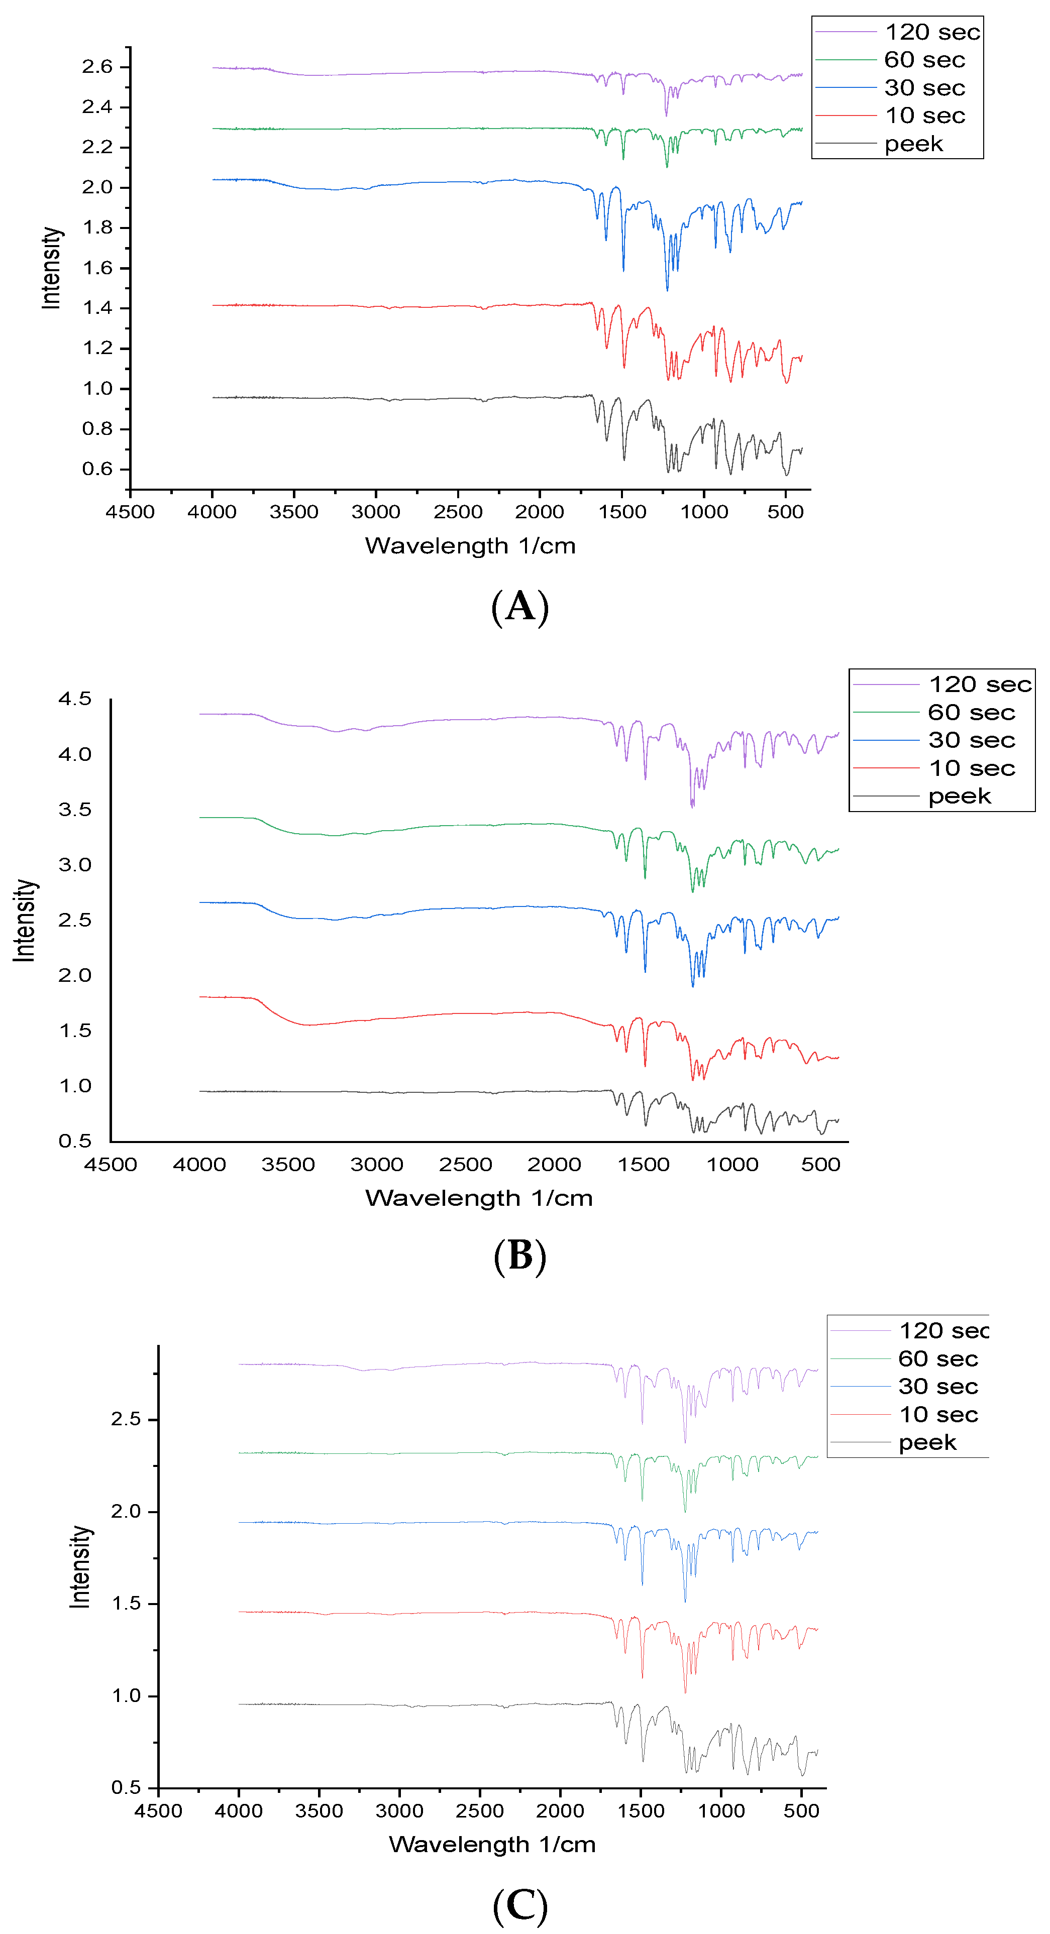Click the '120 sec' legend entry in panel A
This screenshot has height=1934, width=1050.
931,32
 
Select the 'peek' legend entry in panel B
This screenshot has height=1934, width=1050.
959,797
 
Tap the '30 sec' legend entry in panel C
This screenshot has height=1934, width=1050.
938,1387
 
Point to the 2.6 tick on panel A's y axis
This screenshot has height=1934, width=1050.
97,67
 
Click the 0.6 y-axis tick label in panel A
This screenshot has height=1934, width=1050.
97,469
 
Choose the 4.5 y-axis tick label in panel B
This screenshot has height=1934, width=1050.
74,699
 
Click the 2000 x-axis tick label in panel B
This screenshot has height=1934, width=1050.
554,1165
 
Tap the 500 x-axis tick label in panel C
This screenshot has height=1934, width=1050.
801,1811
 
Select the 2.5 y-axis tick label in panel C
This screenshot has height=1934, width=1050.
126,1419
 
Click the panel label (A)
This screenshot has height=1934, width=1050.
520,607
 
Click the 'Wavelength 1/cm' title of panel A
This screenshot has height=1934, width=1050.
470,546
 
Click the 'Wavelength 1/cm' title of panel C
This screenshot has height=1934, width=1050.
492,1844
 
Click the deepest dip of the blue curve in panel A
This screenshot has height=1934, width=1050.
667,290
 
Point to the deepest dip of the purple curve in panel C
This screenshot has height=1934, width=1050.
684,1442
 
